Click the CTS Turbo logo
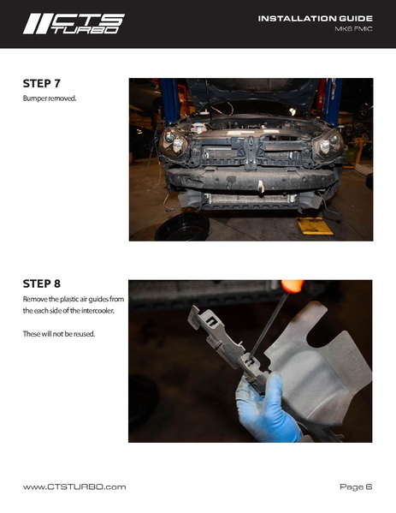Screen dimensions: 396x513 click(74, 24)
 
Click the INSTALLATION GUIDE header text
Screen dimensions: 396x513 click(316, 19)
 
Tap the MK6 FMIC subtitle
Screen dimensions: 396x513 click(353, 29)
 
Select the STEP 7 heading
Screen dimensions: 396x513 click(42, 83)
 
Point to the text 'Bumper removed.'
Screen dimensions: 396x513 click(50, 98)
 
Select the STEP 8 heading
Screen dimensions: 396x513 click(42, 283)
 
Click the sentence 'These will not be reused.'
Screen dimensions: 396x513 click(59, 334)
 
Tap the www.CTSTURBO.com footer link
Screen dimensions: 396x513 click(74, 486)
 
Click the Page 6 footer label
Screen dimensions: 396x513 click(356, 486)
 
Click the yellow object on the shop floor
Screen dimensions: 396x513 click(315, 226)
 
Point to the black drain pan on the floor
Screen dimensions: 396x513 click(182, 228)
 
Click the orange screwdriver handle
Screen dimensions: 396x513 click(293, 286)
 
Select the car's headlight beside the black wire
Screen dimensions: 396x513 click(174, 143)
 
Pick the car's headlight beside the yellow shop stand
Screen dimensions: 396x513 click(328, 144)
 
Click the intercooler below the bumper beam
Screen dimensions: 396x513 click(250, 199)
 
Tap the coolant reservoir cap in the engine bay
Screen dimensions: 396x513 click(198, 125)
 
